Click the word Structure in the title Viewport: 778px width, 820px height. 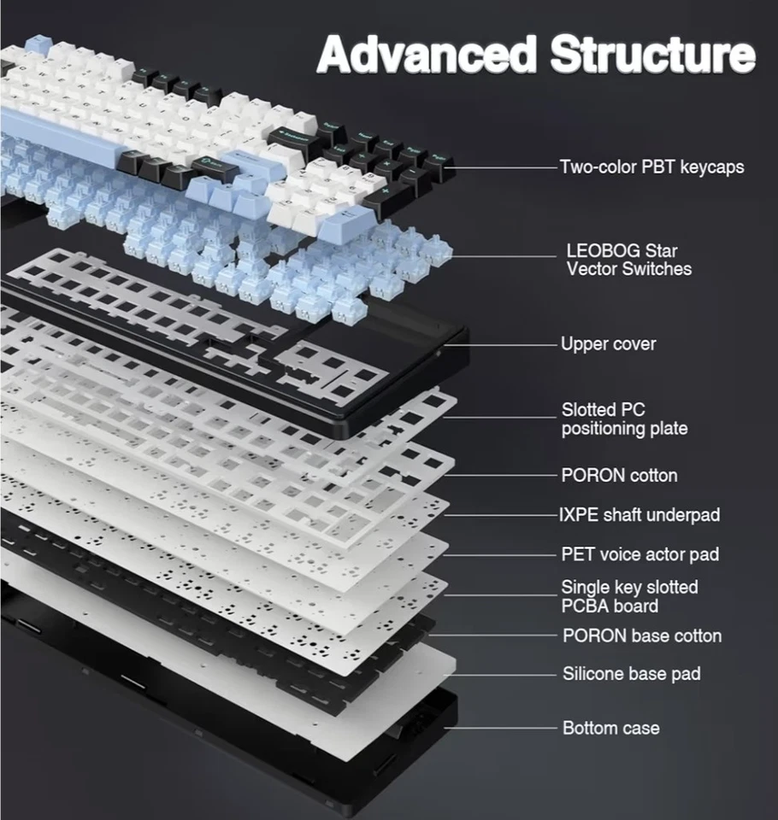point(653,55)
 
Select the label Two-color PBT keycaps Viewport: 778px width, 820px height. point(651,167)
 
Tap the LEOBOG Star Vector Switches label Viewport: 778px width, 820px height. point(628,260)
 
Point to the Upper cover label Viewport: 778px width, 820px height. point(608,344)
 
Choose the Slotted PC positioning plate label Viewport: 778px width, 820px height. point(624,419)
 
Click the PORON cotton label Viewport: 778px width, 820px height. point(618,475)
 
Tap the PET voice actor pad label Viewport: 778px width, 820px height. point(639,554)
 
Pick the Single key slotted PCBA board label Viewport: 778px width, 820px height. point(629,596)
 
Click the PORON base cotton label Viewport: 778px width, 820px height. point(641,635)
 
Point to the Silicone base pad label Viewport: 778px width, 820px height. point(631,674)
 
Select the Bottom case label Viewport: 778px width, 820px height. point(610,728)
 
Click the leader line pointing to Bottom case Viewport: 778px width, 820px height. point(504,728)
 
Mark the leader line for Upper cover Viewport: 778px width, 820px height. point(513,344)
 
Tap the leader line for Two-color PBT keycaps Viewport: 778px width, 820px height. point(504,167)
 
